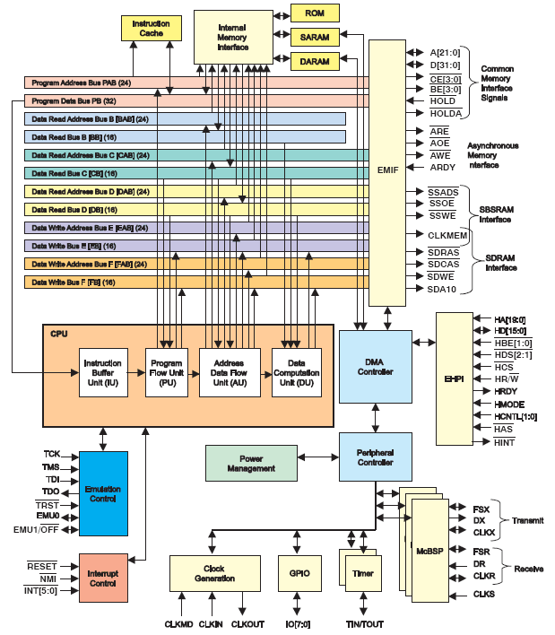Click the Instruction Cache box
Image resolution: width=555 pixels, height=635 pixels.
pyautogui.click(x=150, y=29)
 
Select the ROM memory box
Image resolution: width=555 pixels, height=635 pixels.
pyautogui.click(x=315, y=13)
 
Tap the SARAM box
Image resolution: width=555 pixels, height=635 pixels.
pyautogui.click(x=315, y=38)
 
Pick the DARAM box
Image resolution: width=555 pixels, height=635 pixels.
pyautogui.click(x=315, y=62)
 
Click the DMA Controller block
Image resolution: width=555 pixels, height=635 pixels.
pyautogui.click(x=375, y=366)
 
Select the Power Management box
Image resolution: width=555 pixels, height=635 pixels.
pyautogui.click(x=251, y=463)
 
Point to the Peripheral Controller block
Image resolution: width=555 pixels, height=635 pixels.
pyautogui.click(x=375, y=457)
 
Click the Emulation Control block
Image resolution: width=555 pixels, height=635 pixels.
pyautogui.click(x=102, y=493)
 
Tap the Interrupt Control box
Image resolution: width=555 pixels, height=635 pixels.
pyautogui.click(x=102, y=578)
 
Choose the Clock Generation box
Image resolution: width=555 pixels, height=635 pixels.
pyautogui.click(x=213, y=573)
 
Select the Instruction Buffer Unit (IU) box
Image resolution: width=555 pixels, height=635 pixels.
pyautogui.click(x=102, y=371)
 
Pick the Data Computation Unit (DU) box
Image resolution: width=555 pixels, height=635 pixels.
pyautogui.click(x=296, y=371)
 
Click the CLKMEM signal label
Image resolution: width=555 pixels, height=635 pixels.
pyautogui.click(x=446, y=235)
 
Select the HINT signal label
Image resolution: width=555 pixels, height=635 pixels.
pyautogui.click(x=504, y=443)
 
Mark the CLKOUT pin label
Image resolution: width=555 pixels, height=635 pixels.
pyautogui.click(x=248, y=623)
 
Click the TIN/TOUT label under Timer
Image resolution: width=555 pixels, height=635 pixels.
pyautogui.click(x=365, y=623)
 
